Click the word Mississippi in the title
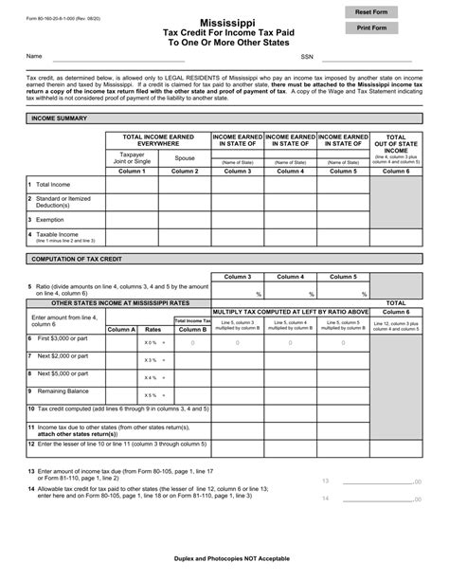tap(224, 19)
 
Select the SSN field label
tap(306, 57)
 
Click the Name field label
tap(34, 57)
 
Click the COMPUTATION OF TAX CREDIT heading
tap(79, 258)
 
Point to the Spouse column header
tap(185, 158)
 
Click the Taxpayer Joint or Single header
tap(131, 158)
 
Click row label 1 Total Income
tap(51, 184)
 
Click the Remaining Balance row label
tap(66, 390)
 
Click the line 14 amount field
tap(379, 498)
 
